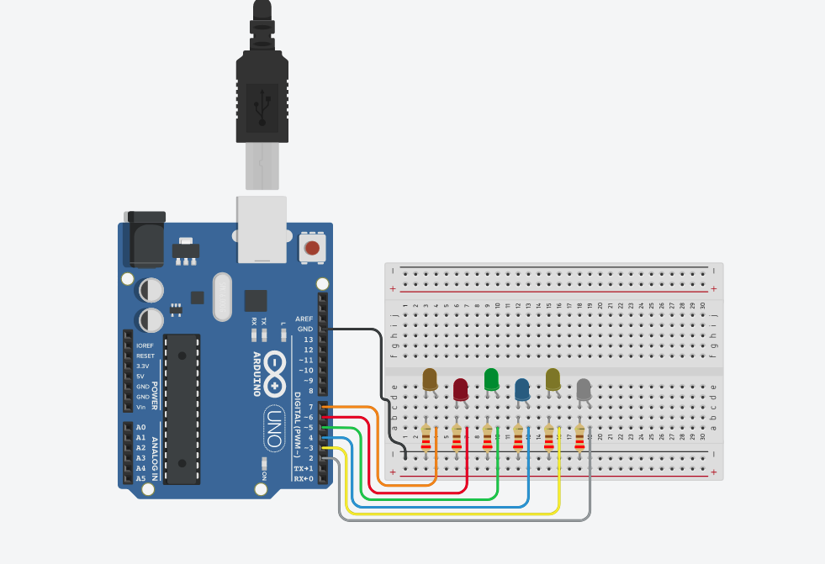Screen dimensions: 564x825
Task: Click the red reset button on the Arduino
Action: coord(312,248)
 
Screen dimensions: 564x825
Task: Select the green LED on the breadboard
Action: coord(491,380)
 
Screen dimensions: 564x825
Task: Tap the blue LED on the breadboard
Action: coord(522,389)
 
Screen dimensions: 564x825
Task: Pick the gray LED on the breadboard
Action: coord(584,389)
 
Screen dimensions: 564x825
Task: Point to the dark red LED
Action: coord(461,389)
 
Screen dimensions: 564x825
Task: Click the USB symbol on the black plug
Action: coord(262,105)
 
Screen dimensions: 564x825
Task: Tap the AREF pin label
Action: coord(304,319)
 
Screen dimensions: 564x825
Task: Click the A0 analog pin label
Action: coord(140,427)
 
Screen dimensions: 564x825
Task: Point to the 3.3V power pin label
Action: coord(144,366)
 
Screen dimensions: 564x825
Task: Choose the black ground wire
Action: coord(362,329)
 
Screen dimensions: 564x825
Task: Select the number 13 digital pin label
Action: coord(308,339)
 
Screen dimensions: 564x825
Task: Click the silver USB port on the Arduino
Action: coord(262,229)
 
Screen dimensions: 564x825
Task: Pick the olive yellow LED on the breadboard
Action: coord(553,380)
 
